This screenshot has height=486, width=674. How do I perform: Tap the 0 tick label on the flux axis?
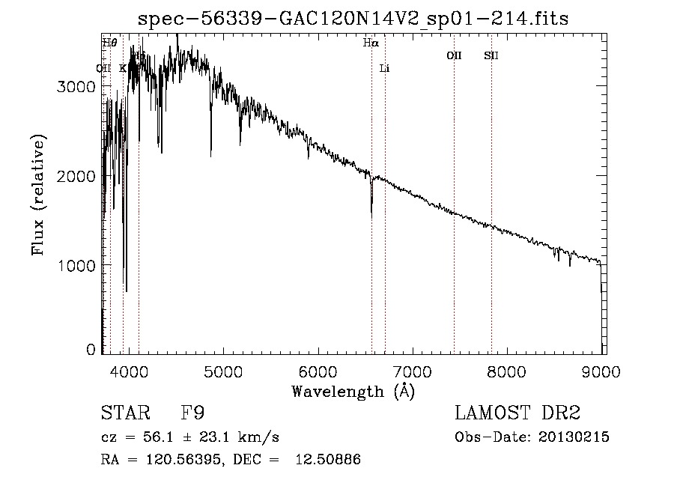pos(91,350)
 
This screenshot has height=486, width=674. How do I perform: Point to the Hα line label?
pos(371,43)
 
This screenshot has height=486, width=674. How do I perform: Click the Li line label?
pos(385,69)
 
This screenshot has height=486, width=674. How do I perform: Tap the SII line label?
pos(491,55)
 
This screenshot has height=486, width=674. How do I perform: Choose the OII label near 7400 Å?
pos(454,55)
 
